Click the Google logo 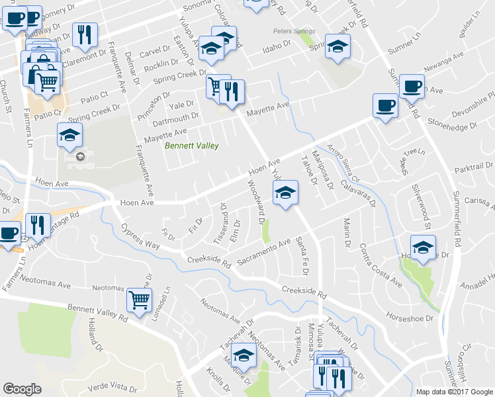(22, 389)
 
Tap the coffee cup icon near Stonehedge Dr (384, 105)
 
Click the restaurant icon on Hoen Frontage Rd (38, 225)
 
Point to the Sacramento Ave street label (264, 252)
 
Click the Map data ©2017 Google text (454, 391)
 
